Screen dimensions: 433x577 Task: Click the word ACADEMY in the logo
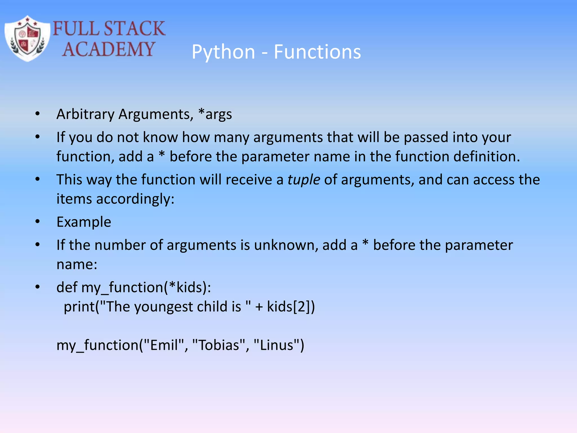pyautogui.click(x=108, y=49)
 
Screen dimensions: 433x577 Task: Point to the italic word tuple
pyautogui.click(x=303, y=180)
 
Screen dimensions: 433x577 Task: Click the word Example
pyautogui.click(x=84, y=222)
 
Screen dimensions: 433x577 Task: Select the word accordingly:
pyautogui.click(x=135, y=199)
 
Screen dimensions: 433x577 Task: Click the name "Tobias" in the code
pyautogui.click(x=219, y=345)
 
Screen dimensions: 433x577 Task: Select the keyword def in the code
pyautogui.click(x=67, y=287)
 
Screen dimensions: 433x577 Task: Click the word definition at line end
pyautogui.click(x=486, y=156)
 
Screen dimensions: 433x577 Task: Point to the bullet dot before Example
pyautogui.click(x=38, y=222)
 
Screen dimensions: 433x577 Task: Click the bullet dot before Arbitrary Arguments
pyautogui.click(x=38, y=114)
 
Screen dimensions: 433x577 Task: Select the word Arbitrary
pyautogui.click(x=85, y=114)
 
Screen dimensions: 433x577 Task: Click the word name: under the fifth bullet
pyautogui.click(x=77, y=264)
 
